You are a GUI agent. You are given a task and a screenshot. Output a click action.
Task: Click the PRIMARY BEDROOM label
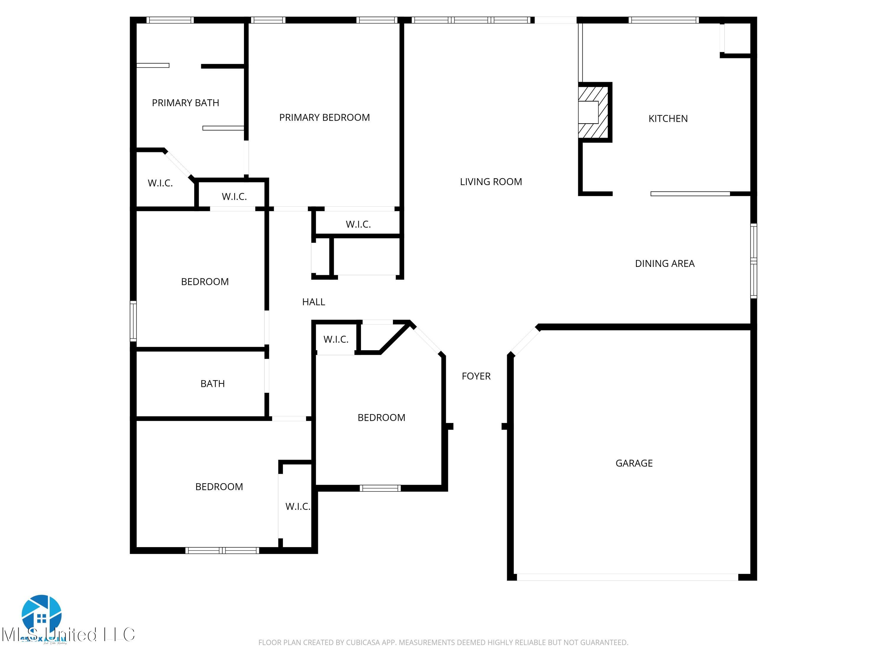point(324,117)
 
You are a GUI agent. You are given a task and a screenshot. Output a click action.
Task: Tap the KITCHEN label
point(668,119)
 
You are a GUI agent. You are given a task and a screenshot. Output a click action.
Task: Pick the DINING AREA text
point(664,264)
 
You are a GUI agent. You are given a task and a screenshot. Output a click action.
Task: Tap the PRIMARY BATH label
point(185,103)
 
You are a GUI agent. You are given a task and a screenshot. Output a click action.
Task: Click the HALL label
point(313,302)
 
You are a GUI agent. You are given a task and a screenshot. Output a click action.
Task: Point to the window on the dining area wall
point(753,261)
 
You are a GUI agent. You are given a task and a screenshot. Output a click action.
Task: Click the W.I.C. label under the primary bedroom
point(358,224)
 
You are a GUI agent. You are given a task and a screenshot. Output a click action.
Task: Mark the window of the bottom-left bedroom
point(222,550)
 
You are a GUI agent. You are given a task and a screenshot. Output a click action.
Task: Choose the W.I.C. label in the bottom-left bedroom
point(297,507)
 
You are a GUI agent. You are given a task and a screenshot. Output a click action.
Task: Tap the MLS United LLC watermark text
point(68,635)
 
